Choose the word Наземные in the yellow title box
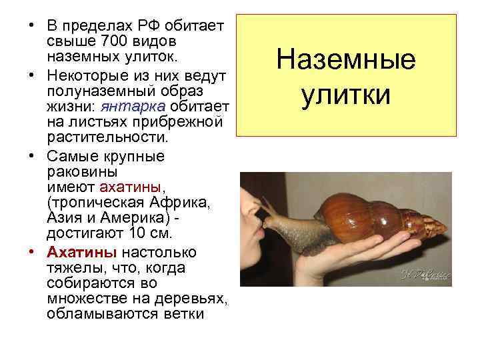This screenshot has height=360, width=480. pyautogui.click(x=346, y=62)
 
